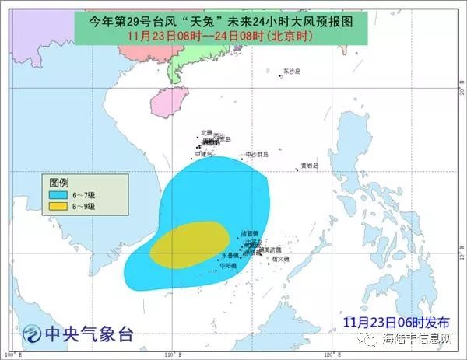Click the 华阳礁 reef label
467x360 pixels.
click(227, 265)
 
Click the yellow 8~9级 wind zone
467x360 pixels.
click(189, 243)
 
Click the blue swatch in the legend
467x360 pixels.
click(58, 194)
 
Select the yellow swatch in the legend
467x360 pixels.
click(58, 206)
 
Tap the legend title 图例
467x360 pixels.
click(59, 180)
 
